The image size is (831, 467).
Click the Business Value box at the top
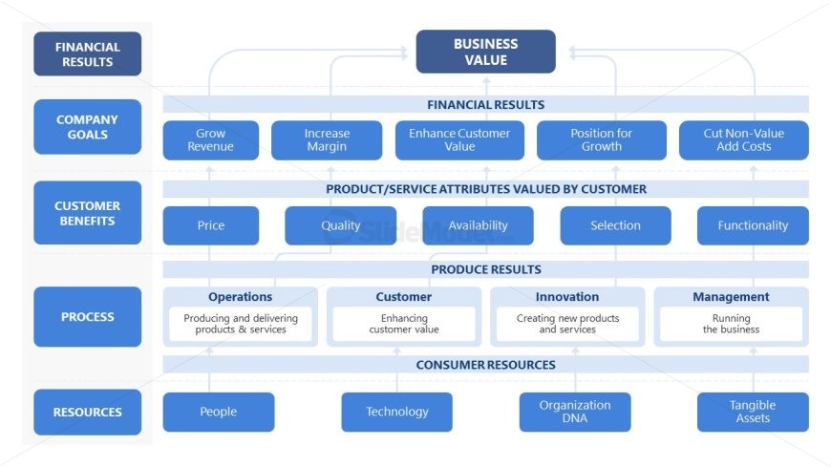click(485, 52)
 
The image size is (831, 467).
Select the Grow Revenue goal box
click(210, 140)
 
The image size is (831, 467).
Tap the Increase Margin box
click(327, 140)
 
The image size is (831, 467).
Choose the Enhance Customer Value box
click(459, 140)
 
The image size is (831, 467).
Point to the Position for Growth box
click(601, 140)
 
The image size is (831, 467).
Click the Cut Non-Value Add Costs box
click(743, 140)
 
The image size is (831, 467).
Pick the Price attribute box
click(210, 225)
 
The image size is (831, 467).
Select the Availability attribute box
click(478, 225)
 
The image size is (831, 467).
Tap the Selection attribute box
click(615, 225)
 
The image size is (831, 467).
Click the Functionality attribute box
click(753, 225)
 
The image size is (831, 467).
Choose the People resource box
click(218, 412)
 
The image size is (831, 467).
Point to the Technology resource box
click(396, 412)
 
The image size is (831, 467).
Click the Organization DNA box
click(575, 412)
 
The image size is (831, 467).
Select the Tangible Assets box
click(753, 412)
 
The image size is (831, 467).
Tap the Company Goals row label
click(87, 127)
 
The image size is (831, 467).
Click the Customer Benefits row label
click(87, 213)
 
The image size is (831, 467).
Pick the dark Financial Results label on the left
click(87, 54)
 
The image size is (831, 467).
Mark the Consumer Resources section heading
click(485, 364)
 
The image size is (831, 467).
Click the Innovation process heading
click(567, 297)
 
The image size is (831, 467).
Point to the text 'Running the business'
click(731, 324)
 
